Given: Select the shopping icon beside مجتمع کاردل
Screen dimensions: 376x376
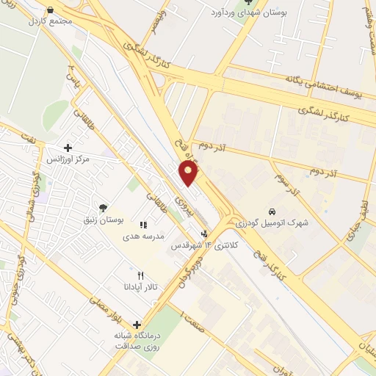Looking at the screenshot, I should (x=50, y=10).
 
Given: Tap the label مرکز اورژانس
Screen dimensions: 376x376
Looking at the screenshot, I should (x=68, y=159).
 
